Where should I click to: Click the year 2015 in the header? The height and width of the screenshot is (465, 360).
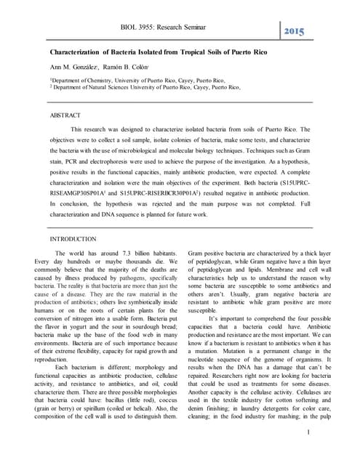pos(295,33)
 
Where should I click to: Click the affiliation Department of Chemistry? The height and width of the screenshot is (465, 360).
pos(82,80)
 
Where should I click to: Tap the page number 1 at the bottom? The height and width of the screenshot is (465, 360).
pos(308,434)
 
